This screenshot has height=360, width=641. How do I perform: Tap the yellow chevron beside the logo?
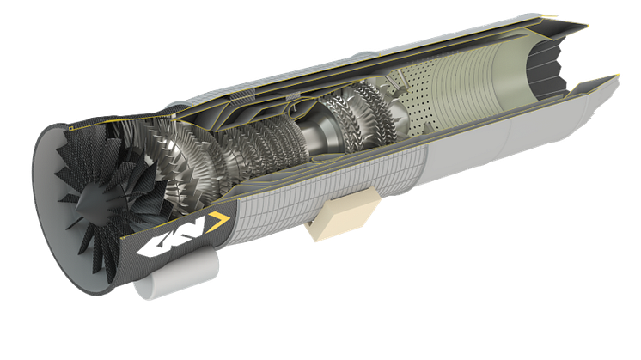point(219,222)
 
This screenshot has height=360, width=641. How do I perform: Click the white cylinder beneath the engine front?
point(176,274)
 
